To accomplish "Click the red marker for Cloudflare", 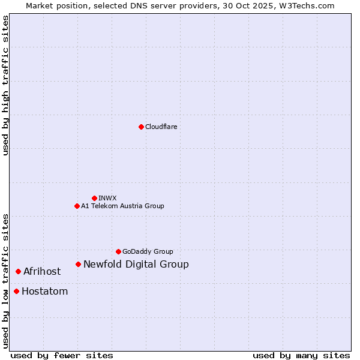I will coord(141,127).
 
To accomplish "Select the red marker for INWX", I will coord(94,198).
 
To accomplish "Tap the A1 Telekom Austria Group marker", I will coord(77,206).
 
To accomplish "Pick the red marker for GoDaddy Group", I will coord(118,251).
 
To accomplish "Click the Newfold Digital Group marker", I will coord(78,264).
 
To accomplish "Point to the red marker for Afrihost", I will coord(18,271).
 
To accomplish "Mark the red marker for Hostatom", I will coord(16,292).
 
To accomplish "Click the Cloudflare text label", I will coord(161,127).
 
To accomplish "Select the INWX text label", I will coord(107,198).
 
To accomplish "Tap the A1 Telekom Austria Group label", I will coord(122,206).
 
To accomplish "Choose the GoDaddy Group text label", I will coord(148,251).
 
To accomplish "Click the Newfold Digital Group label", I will coord(136,264).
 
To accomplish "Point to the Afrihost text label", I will coord(42,271).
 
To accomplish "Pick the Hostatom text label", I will coord(44,292).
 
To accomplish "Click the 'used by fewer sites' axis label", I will coord(62,355).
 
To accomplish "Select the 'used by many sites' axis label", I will coord(301,355).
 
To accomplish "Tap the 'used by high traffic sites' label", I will coord(5,85).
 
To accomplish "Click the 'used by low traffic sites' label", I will coord(5,281).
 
